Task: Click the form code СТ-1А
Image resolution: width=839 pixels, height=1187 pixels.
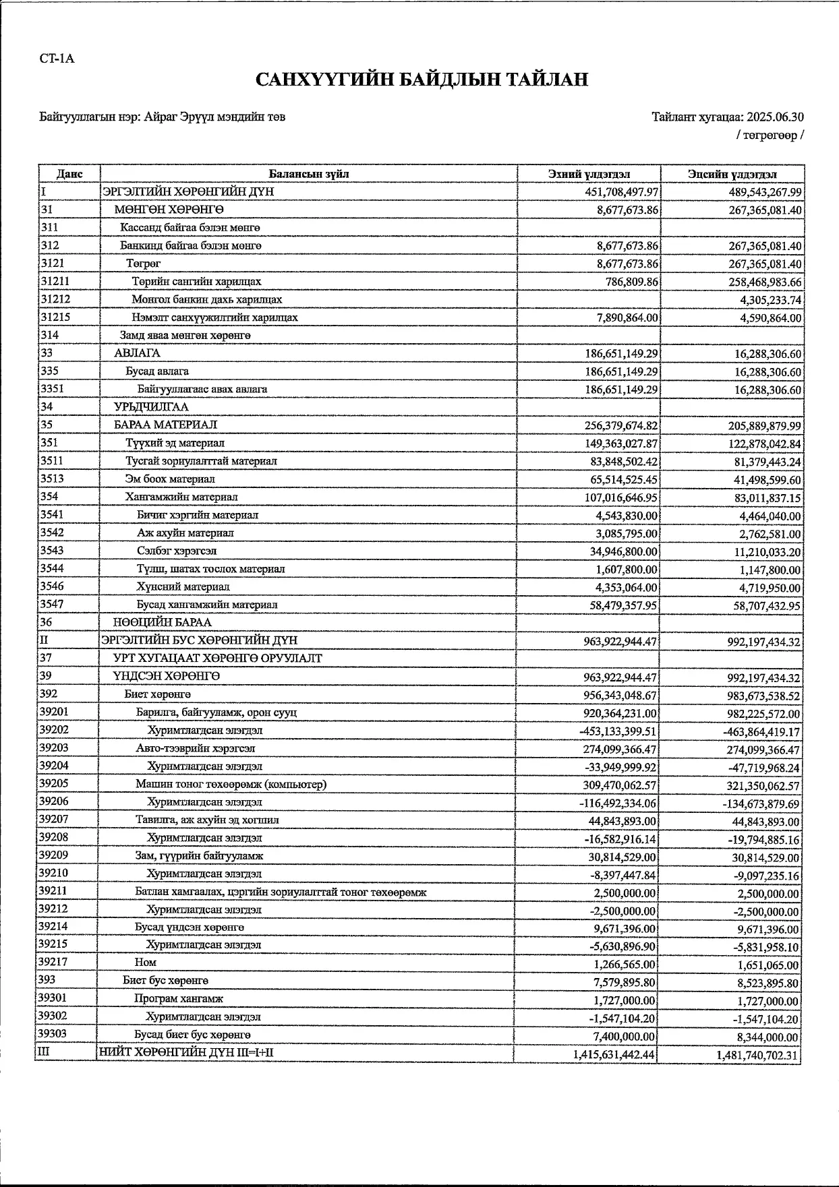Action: coord(57,59)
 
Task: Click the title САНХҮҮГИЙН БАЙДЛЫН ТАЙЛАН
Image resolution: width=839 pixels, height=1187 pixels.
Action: coord(422,80)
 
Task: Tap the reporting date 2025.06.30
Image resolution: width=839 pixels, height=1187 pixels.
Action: coord(775,117)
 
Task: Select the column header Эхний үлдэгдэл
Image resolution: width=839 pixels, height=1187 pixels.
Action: coord(589,174)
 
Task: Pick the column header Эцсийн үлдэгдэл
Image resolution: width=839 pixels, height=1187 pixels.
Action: coord(732,174)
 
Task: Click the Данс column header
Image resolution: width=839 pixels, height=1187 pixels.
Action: coord(69,174)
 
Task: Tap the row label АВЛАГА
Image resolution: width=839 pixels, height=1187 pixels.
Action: coord(137,353)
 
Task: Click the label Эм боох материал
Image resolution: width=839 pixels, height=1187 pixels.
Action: coord(170,479)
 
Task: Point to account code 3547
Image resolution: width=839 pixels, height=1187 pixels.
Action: coord(52,605)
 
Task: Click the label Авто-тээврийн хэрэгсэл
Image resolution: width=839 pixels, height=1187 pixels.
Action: coord(195,748)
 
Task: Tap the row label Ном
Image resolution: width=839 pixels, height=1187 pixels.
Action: coord(145,963)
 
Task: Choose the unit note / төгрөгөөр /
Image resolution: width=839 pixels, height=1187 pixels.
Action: coord(770,135)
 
